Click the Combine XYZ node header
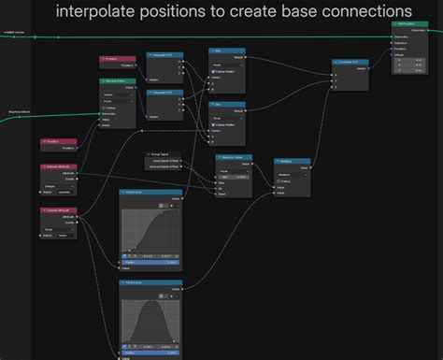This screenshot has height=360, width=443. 350,62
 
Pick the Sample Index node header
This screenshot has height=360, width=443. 115,81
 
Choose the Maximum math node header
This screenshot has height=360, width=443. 233,157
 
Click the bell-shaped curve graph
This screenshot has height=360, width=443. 149,313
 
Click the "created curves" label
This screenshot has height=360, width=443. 13,34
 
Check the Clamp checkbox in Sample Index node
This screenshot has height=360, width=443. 105,107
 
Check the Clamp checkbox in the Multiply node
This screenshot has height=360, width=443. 278,180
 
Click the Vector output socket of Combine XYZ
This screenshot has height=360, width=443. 368,67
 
